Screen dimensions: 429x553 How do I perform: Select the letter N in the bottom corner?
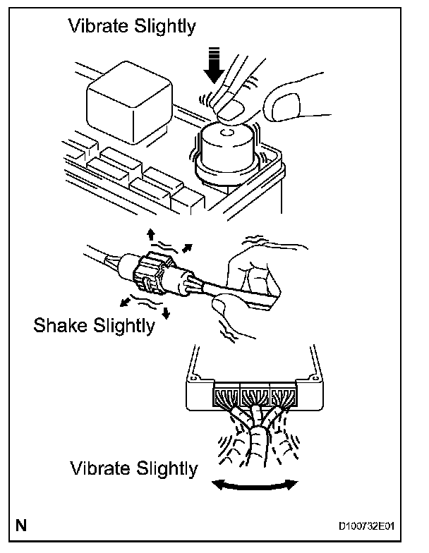[x=24, y=525]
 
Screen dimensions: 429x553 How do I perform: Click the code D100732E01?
[x=366, y=526]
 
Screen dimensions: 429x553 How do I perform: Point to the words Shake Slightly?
[x=93, y=325]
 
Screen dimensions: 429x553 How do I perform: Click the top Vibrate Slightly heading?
[x=131, y=27]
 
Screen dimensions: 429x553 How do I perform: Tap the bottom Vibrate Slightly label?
[x=134, y=468]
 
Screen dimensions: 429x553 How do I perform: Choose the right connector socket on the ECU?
[x=282, y=397]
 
